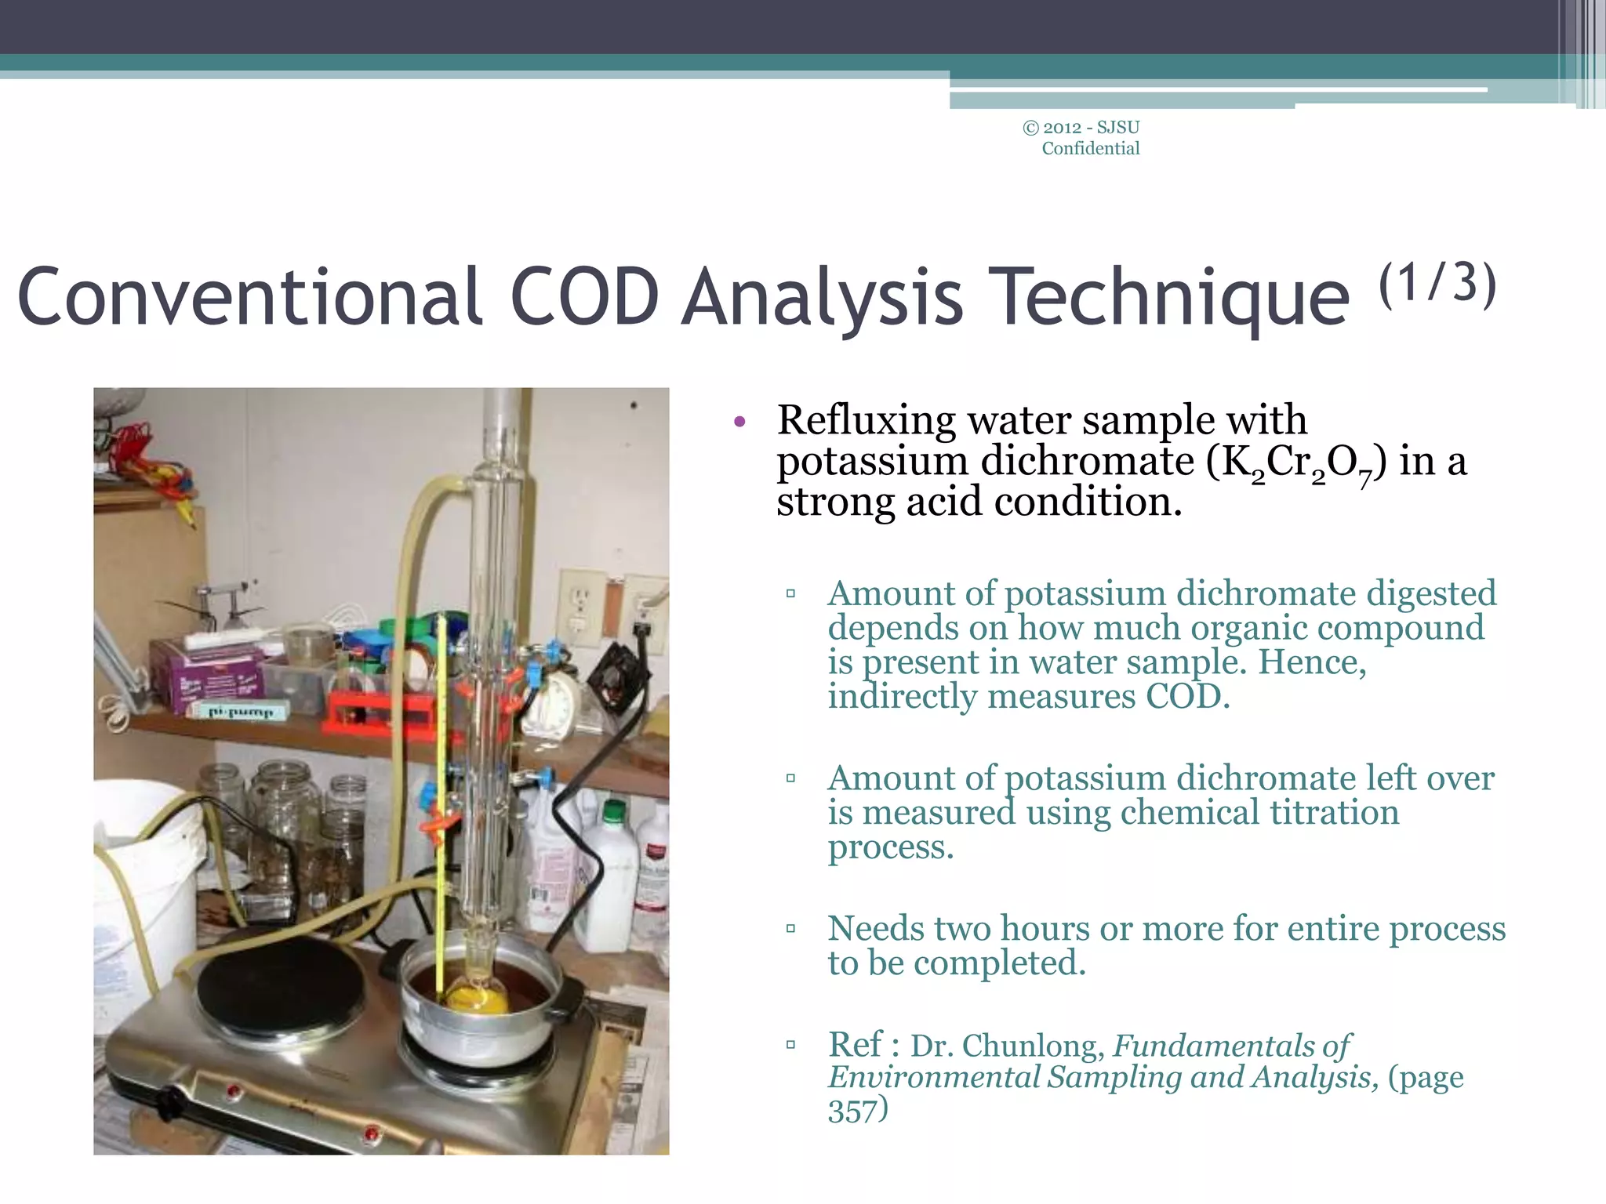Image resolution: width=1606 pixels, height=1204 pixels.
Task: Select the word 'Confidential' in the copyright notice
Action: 1090,149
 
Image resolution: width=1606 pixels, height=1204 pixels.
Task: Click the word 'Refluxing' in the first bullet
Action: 866,420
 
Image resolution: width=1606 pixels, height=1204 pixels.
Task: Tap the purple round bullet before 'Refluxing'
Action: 739,423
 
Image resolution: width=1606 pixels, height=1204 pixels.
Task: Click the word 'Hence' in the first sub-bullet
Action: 1311,662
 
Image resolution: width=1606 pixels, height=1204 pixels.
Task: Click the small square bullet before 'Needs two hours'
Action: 790,930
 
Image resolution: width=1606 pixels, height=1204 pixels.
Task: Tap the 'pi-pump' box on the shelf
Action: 240,712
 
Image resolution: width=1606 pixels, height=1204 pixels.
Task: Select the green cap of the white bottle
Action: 616,811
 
